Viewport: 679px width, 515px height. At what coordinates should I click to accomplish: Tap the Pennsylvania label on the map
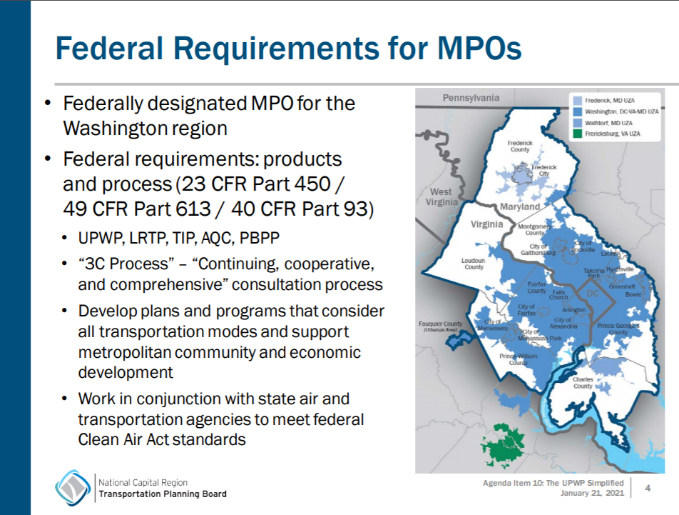coord(471,98)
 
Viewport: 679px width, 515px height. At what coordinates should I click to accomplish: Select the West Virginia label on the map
coord(441,196)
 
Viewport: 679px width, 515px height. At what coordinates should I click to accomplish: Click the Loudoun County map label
coord(474,264)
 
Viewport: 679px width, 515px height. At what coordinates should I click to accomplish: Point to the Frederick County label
coord(519,146)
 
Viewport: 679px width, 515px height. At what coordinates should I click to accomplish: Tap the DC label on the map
coord(593,294)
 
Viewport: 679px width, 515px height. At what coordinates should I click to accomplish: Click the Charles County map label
coord(583,383)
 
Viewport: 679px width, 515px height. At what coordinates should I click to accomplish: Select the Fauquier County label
coord(441,326)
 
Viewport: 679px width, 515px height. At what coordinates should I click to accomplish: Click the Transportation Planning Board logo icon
coord(73,488)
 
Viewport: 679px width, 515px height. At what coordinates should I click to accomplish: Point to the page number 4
coord(648,488)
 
